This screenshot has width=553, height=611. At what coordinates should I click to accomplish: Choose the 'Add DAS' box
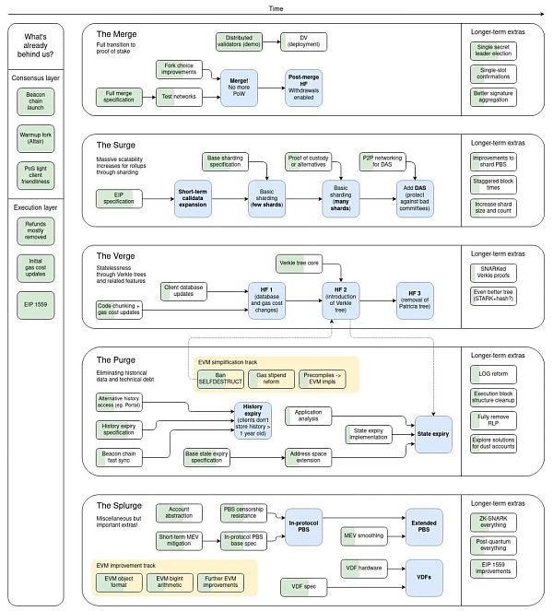[x=406, y=196]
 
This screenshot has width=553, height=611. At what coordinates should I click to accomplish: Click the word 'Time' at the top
[x=276, y=7]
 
